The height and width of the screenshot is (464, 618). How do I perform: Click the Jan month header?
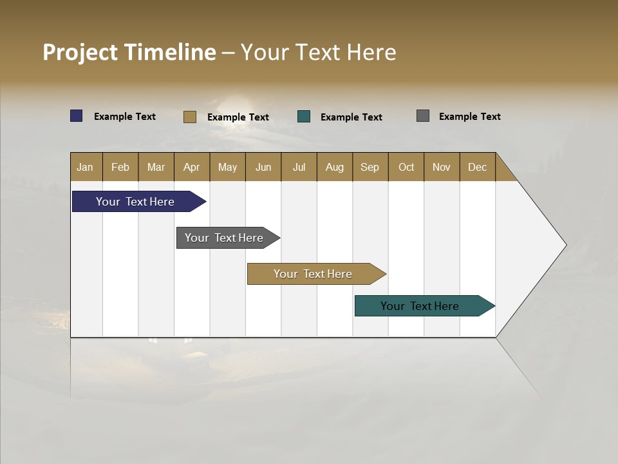(85, 167)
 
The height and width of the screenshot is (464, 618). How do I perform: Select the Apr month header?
(191, 167)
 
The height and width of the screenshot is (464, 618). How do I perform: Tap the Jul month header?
(299, 167)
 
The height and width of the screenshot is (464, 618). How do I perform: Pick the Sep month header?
(370, 167)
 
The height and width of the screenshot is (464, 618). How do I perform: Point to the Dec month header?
(477, 167)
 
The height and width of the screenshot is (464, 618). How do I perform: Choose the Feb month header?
(120, 167)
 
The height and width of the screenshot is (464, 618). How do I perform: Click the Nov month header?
(441, 167)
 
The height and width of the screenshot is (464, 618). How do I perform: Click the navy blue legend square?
(77, 116)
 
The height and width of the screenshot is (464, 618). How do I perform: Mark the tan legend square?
(190, 117)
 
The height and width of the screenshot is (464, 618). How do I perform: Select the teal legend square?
(304, 117)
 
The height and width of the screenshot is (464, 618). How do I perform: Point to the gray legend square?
(423, 116)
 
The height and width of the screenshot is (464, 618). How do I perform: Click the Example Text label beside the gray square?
(469, 117)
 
